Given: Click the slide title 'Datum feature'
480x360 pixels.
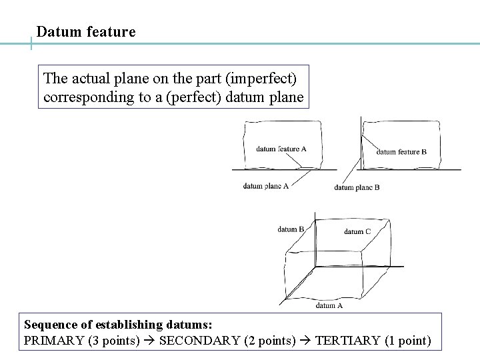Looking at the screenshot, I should point(86,31).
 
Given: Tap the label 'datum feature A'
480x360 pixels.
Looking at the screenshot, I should point(281,149).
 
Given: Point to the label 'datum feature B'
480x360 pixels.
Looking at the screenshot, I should point(401,151).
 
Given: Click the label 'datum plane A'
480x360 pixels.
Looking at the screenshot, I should point(265,187).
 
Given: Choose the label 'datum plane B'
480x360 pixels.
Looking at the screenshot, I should point(357,187).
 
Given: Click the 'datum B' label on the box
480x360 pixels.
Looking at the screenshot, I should point(291,229).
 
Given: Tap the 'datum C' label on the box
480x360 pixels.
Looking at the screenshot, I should point(357,231).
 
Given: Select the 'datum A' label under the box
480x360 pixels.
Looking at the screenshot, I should point(329,305).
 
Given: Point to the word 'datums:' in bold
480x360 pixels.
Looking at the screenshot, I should point(191,325).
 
